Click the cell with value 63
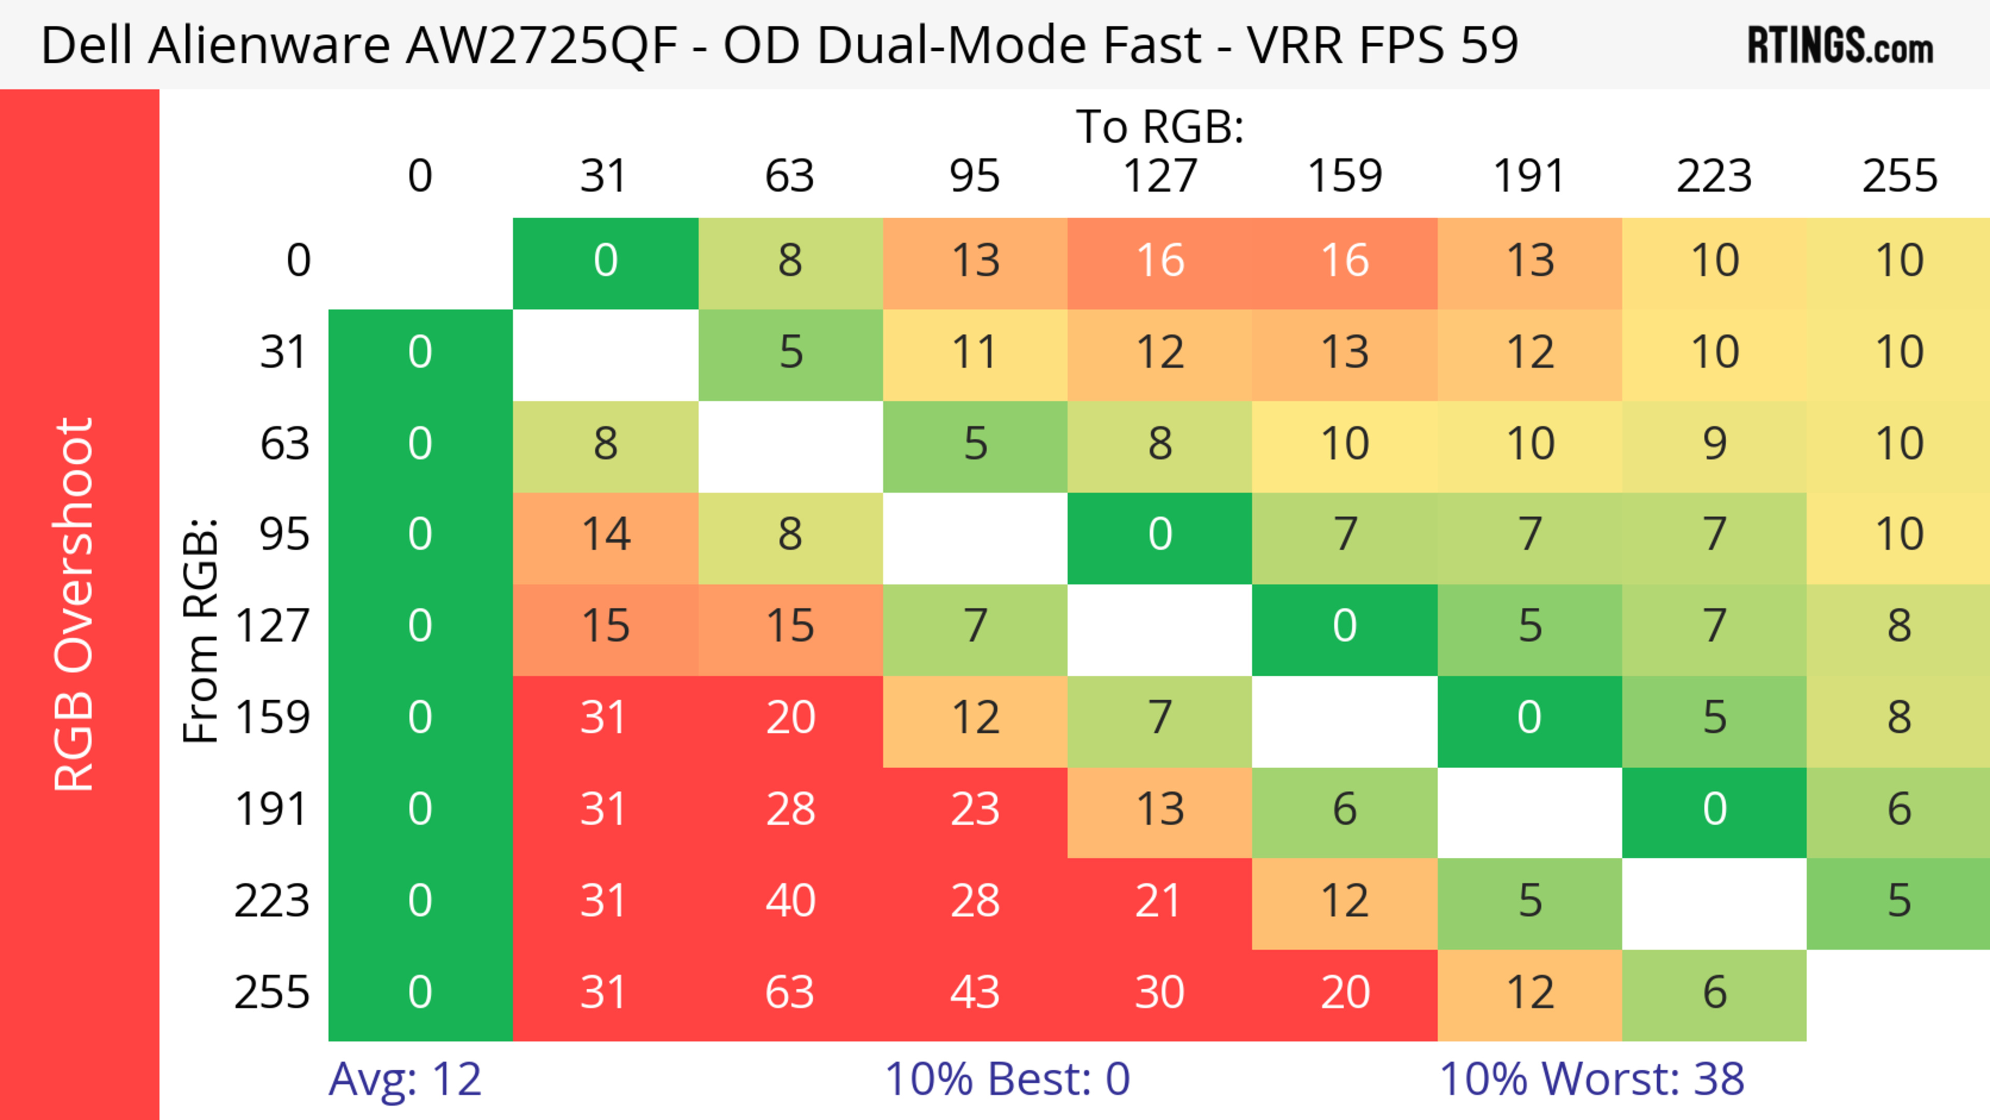pyautogui.click(x=789, y=993)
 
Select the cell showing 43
pyautogui.click(x=975, y=993)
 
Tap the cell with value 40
pyautogui.click(x=789, y=901)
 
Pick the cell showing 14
pyautogui.click(x=606, y=534)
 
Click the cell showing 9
pyautogui.click(x=1714, y=443)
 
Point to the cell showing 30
pyautogui.click(x=1160, y=993)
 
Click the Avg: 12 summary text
pyautogui.click(x=405, y=1079)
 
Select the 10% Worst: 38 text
pyautogui.click(x=1591, y=1079)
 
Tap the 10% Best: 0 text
pyautogui.click(x=1006, y=1079)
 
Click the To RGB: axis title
pyautogui.click(x=1160, y=126)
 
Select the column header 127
pyautogui.click(x=1160, y=176)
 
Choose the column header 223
pyautogui.click(x=1714, y=176)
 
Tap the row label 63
pyautogui.click(x=285, y=443)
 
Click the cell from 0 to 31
pyautogui.click(x=606, y=260)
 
